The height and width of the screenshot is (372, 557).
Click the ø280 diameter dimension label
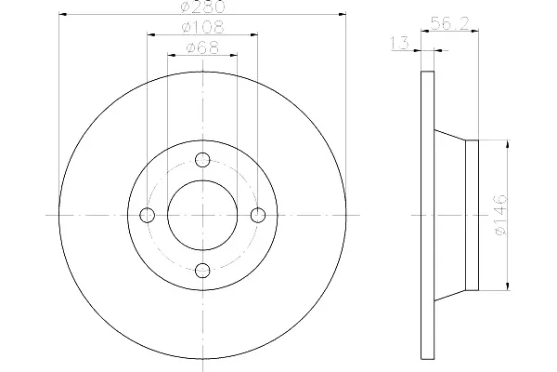tap(202, 7)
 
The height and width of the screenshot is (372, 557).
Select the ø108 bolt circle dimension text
tap(202, 27)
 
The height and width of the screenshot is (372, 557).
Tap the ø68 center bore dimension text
tap(202, 48)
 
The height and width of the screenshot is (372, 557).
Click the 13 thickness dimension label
tap(400, 44)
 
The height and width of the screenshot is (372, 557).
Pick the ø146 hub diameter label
tap(499, 215)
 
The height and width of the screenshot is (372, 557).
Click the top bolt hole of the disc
tap(202, 160)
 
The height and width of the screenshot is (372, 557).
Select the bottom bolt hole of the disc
tap(202, 271)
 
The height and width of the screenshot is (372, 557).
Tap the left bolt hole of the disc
tap(148, 215)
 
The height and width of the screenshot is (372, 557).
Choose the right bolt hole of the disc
tap(258, 215)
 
